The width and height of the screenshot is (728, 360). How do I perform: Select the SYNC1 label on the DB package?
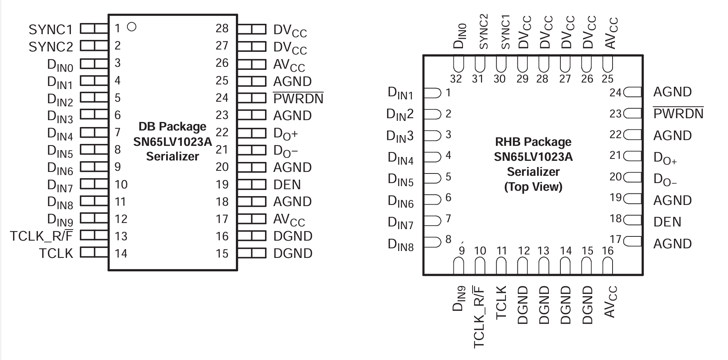pos(51,30)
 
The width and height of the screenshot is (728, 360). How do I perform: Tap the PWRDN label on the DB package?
pos(298,99)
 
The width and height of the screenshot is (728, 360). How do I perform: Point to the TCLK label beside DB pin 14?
pos(56,253)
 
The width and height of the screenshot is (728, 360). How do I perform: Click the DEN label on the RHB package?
pos(667,222)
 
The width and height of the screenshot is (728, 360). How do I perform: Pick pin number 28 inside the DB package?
pos(222,28)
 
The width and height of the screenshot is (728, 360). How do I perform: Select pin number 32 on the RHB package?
pos(456,79)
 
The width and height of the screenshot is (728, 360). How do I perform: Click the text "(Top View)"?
pos(533,187)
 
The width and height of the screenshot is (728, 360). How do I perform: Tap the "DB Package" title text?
pos(172,126)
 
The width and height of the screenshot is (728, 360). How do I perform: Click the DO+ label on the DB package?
pos(285,134)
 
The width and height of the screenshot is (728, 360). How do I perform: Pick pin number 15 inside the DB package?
pos(222,253)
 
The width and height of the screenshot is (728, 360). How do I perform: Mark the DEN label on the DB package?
pos(287,185)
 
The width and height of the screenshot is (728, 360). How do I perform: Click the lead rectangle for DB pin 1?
pos(94,29)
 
